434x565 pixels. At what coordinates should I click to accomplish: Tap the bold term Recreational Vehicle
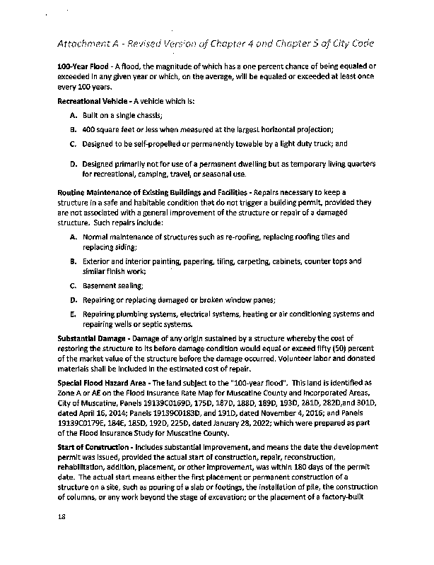pos(91,102)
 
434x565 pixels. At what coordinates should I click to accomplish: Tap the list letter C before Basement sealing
pos(74,286)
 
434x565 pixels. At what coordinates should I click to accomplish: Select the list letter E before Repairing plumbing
pos(74,313)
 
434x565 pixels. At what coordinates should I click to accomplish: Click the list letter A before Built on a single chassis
pos(74,115)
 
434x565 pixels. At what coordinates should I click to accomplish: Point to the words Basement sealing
pos(103,286)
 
